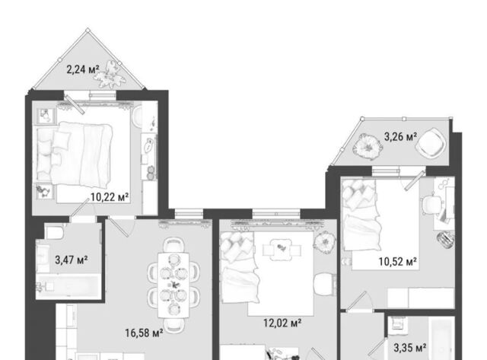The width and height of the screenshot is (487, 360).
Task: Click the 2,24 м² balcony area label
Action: click(x=83, y=69)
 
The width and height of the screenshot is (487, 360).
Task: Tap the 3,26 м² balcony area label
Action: click(x=401, y=136)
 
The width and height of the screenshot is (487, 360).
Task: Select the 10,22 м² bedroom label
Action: click(x=110, y=197)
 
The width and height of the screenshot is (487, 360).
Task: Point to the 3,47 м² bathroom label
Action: click(x=72, y=260)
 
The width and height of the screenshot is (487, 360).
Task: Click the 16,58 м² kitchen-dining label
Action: click(x=144, y=333)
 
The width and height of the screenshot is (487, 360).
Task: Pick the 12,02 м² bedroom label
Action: click(x=282, y=323)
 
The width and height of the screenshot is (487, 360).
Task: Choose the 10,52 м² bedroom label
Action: click(x=398, y=262)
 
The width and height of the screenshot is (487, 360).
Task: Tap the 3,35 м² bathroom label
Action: click(x=410, y=348)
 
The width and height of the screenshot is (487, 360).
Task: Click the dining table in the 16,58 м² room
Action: click(x=173, y=285)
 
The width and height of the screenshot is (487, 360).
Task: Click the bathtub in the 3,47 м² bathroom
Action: click(x=68, y=287)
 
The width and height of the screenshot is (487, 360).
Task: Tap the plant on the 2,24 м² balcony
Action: click(x=110, y=75)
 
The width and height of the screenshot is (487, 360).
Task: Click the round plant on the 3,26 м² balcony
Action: click(x=367, y=146)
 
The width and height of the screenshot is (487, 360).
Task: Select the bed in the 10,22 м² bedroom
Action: click(x=75, y=155)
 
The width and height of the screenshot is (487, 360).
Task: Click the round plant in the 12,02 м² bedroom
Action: click(x=325, y=243)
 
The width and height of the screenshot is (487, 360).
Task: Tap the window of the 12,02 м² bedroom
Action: click(x=276, y=214)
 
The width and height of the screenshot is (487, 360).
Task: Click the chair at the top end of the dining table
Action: click(x=174, y=245)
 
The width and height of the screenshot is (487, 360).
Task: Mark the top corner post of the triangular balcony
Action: click(x=88, y=30)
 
